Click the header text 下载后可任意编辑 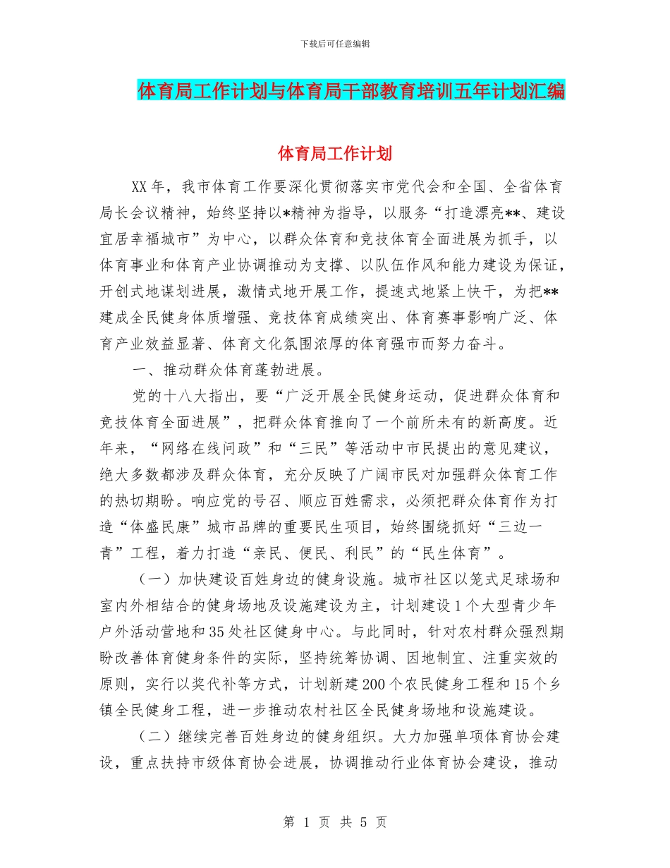pyautogui.click(x=335, y=44)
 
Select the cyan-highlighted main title pyautogui.click(x=351, y=91)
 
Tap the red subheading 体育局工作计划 pyautogui.click(x=335, y=152)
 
